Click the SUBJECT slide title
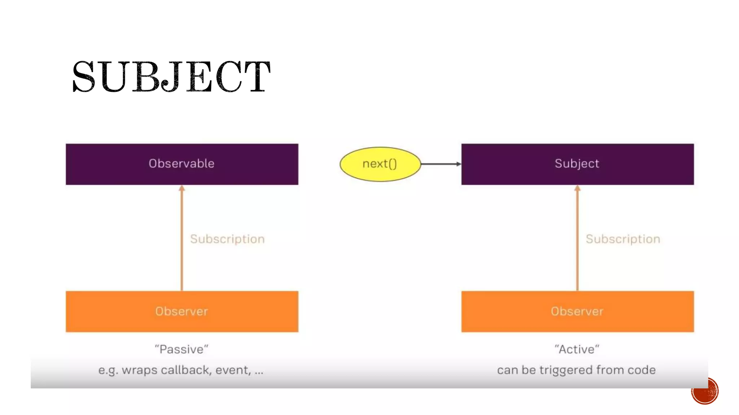[x=171, y=76]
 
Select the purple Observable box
[x=182, y=164]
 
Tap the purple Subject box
[x=577, y=164]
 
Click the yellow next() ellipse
[x=380, y=164]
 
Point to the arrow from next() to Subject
[x=441, y=164]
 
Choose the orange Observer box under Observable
[x=182, y=311]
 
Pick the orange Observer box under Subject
[x=577, y=311]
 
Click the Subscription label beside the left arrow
[x=227, y=239]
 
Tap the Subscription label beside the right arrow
[x=623, y=239]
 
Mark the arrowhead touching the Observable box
[x=182, y=188]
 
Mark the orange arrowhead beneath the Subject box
[x=577, y=188]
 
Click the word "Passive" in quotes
[x=182, y=349]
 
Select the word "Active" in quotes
[x=577, y=349]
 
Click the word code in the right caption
[x=642, y=370]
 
